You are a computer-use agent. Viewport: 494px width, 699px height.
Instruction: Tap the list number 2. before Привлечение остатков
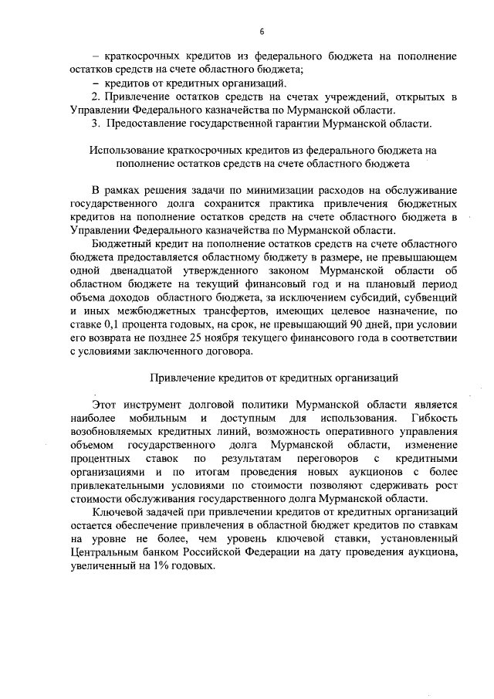(x=95, y=96)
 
